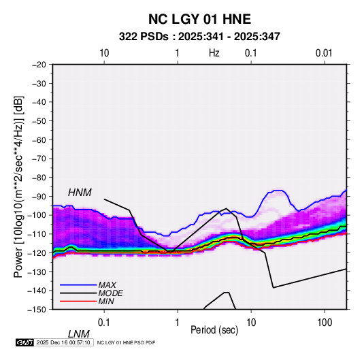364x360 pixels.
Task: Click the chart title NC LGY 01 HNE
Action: pyautogui.click(x=199, y=19)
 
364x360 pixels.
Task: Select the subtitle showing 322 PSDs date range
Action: pyautogui.click(x=199, y=37)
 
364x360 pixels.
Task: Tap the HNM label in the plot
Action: pyautogui.click(x=80, y=193)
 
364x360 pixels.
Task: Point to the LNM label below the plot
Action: pyautogui.click(x=78, y=334)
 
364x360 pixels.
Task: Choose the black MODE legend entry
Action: pyautogui.click(x=91, y=293)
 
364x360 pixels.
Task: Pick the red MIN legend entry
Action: pyautogui.click(x=87, y=301)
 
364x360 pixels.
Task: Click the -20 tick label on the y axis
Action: pyautogui.click(x=39, y=65)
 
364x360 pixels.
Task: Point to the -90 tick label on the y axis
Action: pyautogui.click(x=39, y=196)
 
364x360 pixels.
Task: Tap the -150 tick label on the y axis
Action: pyautogui.click(x=37, y=310)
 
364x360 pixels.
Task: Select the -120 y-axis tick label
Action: pyautogui.click(x=37, y=252)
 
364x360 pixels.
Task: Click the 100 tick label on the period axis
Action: pyautogui.click(x=325, y=323)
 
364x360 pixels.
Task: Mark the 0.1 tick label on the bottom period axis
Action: pyautogui.click(x=104, y=323)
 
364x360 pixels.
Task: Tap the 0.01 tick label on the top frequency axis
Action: pyautogui.click(x=324, y=53)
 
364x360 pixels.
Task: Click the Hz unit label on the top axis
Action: pyautogui.click(x=214, y=53)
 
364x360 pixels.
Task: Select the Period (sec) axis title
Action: pyautogui.click(x=214, y=330)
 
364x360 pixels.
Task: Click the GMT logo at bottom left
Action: pyautogui.click(x=24, y=342)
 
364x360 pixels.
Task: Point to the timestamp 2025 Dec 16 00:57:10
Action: pyautogui.click(x=63, y=342)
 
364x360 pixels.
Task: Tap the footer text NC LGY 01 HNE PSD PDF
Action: pyautogui.click(x=126, y=342)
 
